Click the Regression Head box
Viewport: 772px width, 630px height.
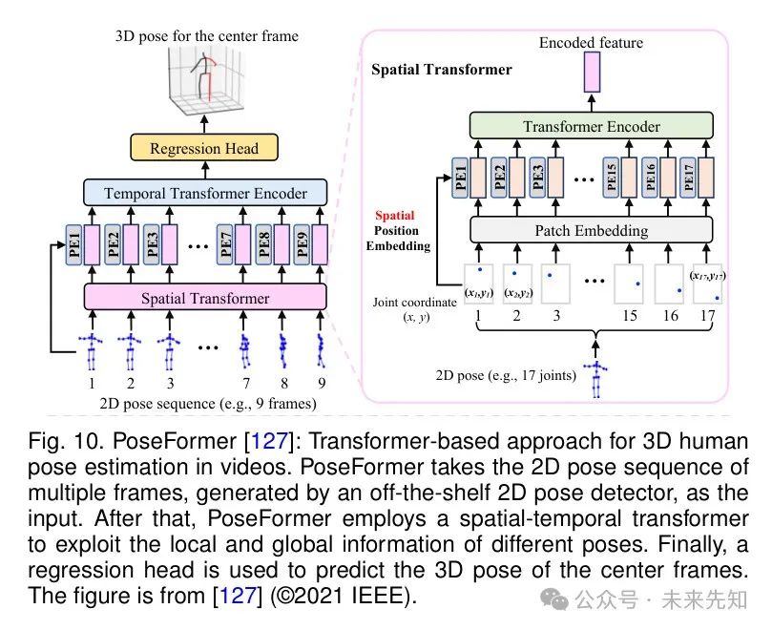coord(204,147)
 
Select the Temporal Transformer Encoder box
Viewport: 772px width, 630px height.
coord(205,193)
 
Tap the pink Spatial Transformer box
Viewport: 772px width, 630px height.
coord(205,297)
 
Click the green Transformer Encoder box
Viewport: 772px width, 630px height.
coord(592,126)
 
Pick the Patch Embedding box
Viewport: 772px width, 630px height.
coord(592,230)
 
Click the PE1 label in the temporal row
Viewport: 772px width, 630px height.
coord(73,244)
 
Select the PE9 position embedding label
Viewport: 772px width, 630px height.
coord(302,244)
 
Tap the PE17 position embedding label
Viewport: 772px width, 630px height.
coord(688,178)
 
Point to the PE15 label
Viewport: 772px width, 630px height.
coord(611,178)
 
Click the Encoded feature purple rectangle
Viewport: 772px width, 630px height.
coord(592,72)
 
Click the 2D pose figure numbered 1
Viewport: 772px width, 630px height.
coord(91,350)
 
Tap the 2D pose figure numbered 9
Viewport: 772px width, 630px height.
coord(321,350)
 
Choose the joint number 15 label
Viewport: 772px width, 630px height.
coord(630,315)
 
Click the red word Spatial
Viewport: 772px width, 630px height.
coord(395,216)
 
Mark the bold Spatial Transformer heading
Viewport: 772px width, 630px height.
coord(442,70)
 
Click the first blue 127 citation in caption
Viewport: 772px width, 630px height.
coord(269,440)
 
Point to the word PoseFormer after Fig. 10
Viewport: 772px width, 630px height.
coord(175,440)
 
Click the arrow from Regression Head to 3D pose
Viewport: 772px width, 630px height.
coord(204,124)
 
